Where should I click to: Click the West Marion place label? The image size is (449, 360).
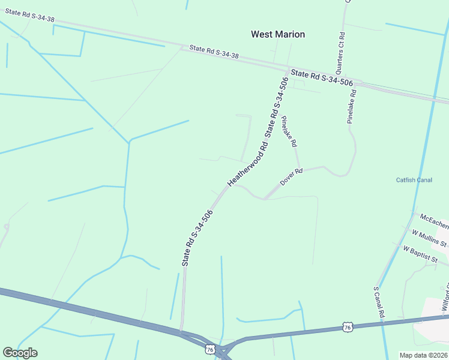click(277, 34)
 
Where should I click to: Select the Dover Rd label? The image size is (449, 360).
click(291, 176)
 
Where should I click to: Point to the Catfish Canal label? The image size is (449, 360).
click(414, 180)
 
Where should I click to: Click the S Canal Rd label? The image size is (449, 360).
click(379, 302)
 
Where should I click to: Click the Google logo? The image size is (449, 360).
click(20, 353)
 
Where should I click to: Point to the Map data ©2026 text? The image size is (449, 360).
click(423, 355)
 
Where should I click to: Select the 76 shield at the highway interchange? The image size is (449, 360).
click(209, 349)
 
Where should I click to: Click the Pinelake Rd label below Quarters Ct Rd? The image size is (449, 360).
click(352, 106)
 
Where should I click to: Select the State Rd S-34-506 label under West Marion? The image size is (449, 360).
click(322, 77)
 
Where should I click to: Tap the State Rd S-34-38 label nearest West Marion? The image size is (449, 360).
click(214, 52)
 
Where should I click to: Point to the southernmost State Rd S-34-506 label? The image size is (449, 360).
click(197, 238)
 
